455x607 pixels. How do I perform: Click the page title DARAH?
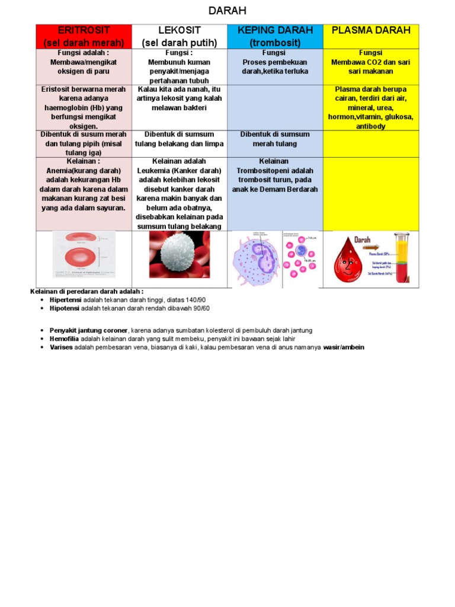click(227, 11)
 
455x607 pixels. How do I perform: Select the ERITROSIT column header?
click(84, 36)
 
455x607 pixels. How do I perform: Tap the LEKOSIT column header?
click(180, 36)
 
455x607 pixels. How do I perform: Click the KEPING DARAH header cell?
click(275, 36)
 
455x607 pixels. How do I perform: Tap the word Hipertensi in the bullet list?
click(65, 300)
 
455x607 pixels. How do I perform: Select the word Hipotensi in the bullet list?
click(65, 308)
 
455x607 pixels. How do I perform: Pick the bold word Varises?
click(61, 347)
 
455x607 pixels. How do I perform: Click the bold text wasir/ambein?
click(344, 347)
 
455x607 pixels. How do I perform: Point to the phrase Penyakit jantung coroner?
click(88, 330)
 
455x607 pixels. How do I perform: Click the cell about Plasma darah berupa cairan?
click(371, 107)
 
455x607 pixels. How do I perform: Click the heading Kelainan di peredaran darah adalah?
click(86, 292)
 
